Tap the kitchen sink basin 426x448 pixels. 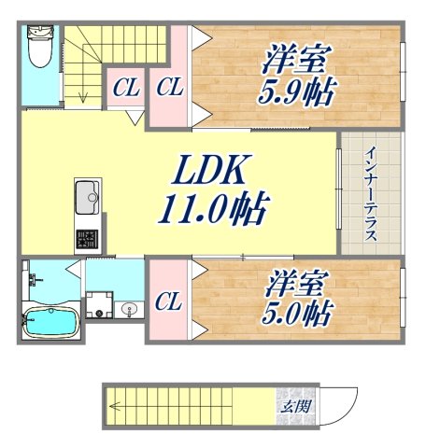click(x=86, y=197)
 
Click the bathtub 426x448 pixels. click(x=48, y=322)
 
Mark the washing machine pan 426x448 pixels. click(x=98, y=305)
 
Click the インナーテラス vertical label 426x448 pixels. click(x=371, y=193)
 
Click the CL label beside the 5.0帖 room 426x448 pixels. click(x=168, y=302)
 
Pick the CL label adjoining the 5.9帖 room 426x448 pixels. click(x=169, y=90)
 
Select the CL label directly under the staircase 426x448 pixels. click(x=125, y=90)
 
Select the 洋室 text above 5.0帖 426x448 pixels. click(x=294, y=282)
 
